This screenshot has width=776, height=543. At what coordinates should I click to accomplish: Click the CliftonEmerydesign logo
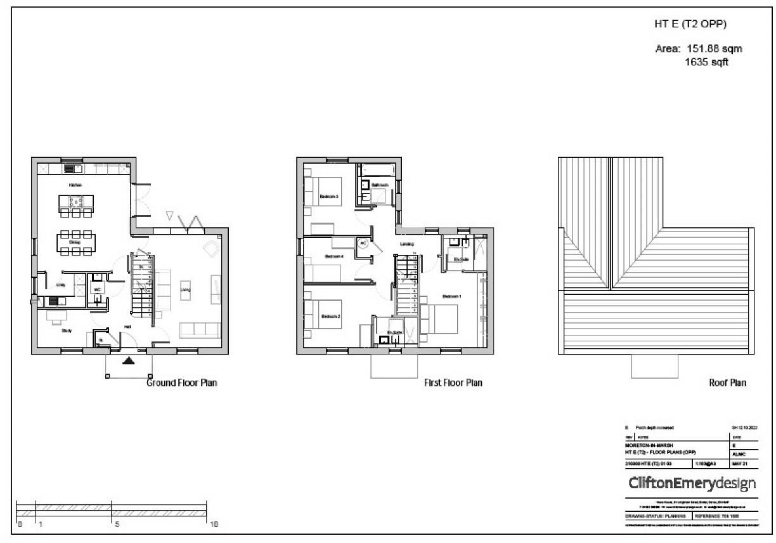pos(692,484)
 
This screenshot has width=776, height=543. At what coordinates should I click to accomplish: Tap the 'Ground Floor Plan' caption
pos(181,383)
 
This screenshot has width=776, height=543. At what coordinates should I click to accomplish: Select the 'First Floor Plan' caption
pos(453,383)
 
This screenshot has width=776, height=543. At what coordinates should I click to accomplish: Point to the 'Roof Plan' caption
pos(727,383)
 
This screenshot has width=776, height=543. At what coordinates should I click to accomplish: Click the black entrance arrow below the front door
pos(129,362)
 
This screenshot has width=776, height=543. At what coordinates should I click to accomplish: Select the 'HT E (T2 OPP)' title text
pos(690,25)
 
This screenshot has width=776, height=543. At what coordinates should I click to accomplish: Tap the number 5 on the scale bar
pos(117,525)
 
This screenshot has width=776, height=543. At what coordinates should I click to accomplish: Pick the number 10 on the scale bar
pos(213,525)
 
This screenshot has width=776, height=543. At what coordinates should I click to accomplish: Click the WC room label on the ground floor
pos(98,289)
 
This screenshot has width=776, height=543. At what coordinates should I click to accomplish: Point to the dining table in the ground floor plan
pos(75,242)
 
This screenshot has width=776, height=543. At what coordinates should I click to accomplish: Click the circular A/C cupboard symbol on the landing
pos(363,243)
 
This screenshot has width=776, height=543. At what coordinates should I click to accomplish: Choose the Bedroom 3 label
pos(330,197)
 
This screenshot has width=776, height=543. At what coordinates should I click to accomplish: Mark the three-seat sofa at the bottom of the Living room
pos(200,330)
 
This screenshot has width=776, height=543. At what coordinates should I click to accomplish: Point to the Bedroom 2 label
pos(331,317)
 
